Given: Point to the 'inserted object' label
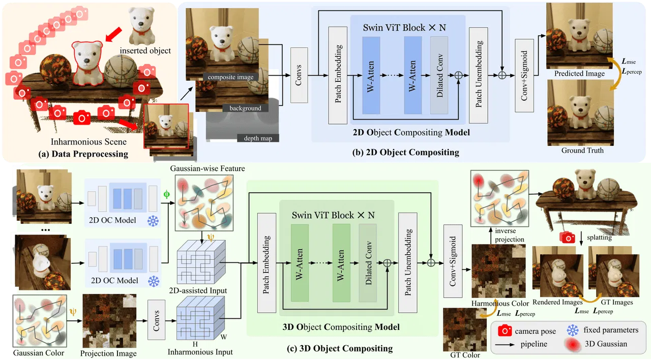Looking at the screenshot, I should tap(145, 50).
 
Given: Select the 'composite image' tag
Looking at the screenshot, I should tap(230, 77).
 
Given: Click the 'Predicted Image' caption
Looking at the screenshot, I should tap(579, 73).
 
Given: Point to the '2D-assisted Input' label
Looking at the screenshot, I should tap(201, 291).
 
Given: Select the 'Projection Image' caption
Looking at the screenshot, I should tap(108, 353).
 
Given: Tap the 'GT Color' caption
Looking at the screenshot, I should tap(464, 355).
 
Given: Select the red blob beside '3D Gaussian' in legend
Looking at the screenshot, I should tap(573, 344).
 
